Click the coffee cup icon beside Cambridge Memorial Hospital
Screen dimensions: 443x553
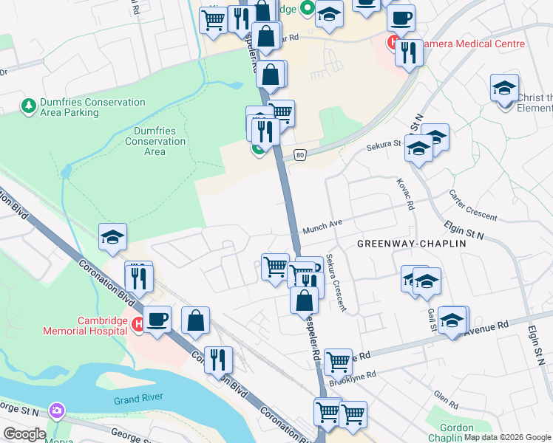[157, 320]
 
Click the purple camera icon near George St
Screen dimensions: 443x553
[56, 410]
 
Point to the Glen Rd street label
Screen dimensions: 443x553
[447, 402]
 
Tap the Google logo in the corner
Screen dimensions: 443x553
[24, 434]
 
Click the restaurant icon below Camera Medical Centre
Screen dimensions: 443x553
[407, 52]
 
